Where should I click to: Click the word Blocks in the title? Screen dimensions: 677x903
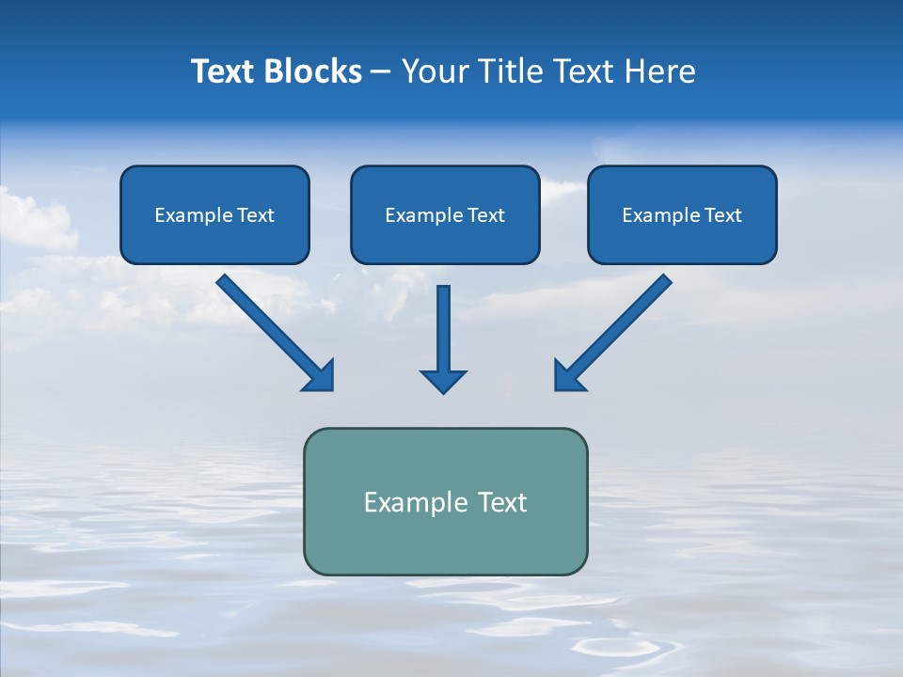coord(312,71)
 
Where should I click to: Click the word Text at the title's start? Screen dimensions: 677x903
coord(224,71)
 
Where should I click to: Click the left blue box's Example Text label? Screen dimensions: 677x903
coord(214,215)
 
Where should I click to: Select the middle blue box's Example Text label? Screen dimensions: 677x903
coord(445,215)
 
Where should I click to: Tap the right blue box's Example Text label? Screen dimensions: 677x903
coord(682,215)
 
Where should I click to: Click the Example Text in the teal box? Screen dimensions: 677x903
coord(445,502)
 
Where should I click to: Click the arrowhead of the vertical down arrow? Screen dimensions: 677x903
coord(443,382)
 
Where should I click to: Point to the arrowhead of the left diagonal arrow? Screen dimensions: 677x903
coord(321,377)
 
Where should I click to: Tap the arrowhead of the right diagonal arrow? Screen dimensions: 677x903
coord(567,377)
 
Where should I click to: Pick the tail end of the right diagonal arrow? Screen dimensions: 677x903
coord(663,281)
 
